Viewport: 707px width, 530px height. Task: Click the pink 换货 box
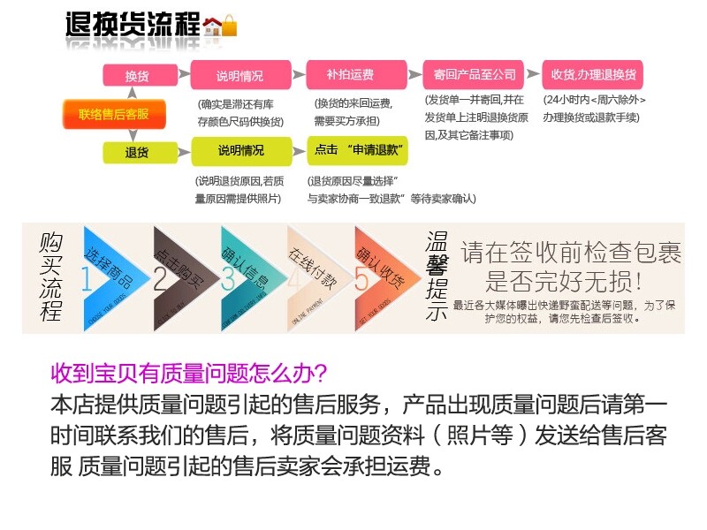pyautogui.click(x=136, y=75)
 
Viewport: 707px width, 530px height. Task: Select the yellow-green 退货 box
pyautogui.click(x=136, y=152)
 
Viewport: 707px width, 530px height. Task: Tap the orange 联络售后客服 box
pyautogui.click(x=113, y=114)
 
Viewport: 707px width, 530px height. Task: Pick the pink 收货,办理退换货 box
pyautogui.click(x=593, y=74)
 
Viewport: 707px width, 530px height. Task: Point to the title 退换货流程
pyautogui.click(x=133, y=25)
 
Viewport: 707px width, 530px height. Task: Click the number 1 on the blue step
pyautogui.click(x=87, y=279)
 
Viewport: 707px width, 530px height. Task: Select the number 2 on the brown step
pyautogui.click(x=160, y=279)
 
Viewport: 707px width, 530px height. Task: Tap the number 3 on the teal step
pyautogui.click(x=229, y=279)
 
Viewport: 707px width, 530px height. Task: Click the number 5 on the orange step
pyautogui.click(x=361, y=279)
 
